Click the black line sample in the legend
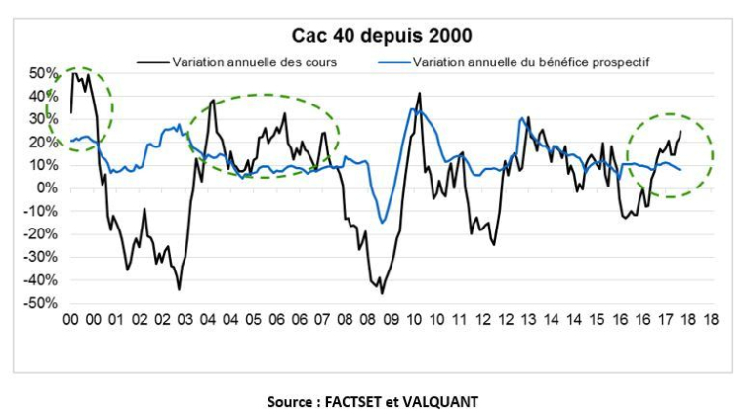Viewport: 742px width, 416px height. pos(152,62)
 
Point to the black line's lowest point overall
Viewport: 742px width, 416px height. pos(382,293)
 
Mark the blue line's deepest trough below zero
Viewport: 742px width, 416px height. pos(384,223)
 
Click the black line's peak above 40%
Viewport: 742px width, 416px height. pos(420,94)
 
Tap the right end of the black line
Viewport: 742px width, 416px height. pos(680,132)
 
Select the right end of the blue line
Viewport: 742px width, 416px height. pos(680,170)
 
